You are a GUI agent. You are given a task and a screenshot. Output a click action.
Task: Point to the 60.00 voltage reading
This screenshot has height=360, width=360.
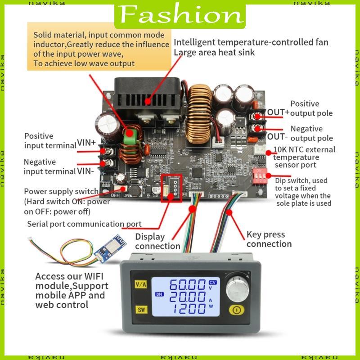click(188, 284)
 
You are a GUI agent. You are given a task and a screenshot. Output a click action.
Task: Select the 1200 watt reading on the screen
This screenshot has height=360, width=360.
click(188, 309)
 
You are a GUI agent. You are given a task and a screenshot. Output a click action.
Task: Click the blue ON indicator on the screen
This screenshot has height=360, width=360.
click(159, 294)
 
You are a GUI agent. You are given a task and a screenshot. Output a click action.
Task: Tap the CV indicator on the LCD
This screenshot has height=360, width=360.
click(213, 282)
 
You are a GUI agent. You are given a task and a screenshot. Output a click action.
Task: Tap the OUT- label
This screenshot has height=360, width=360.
click(277, 136)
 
